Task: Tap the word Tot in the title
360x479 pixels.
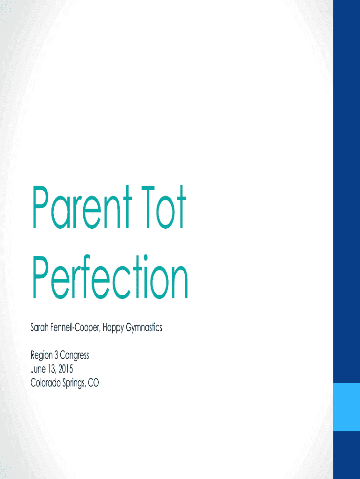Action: [163, 207]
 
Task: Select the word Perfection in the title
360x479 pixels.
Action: [110, 276]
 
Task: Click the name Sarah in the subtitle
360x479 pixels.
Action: [39, 327]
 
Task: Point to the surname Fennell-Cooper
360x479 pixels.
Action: [75, 327]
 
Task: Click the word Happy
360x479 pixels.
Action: [113, 328]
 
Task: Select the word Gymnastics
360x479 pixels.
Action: [144, 328]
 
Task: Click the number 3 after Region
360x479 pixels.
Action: [56, 355]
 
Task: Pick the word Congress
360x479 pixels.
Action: [74, 356]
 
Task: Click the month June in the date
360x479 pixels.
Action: [38, 369]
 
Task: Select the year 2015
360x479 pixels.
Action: [65, 369]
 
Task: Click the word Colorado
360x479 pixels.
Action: [45, 383]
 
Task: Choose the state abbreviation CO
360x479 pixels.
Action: [94, 383]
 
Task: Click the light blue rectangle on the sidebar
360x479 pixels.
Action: [346, 407]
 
